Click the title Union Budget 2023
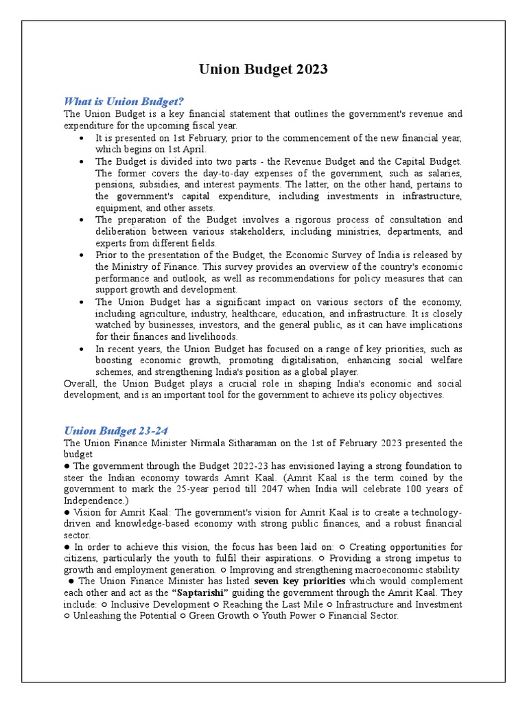263,69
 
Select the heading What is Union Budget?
125,102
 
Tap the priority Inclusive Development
160,604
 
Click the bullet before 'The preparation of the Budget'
82,220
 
